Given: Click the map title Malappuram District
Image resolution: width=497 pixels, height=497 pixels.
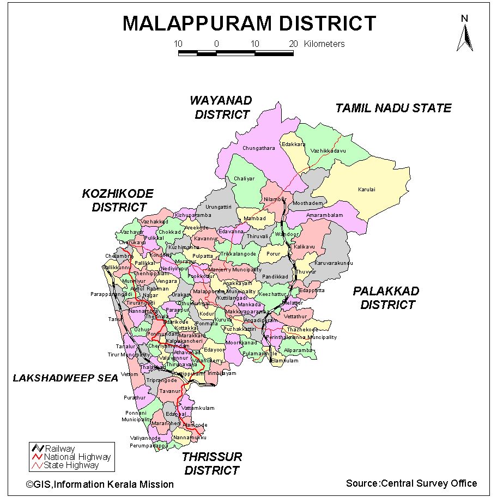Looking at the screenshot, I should (249, 23).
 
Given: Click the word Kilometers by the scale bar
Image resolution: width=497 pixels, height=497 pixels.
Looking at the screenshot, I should (324, 44).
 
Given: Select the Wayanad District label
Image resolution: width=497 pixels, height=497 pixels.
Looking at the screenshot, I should (221, 107).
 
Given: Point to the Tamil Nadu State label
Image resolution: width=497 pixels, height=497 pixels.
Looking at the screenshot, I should (393, 108).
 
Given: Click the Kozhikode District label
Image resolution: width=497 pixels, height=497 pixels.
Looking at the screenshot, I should (118, 200).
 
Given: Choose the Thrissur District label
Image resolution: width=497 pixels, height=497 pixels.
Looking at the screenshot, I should (212, 463).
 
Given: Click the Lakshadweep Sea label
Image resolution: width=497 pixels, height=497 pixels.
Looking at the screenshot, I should (65, 378).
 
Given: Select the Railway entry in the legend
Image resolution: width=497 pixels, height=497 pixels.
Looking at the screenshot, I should (60, 448).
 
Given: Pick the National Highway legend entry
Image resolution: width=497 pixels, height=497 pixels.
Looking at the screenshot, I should (77, 457).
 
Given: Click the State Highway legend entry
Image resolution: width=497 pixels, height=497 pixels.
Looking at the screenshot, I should (71, 465).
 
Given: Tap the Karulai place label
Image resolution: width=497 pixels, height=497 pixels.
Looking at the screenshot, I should (367, 190).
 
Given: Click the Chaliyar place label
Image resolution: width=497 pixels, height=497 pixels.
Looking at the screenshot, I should (244, 179).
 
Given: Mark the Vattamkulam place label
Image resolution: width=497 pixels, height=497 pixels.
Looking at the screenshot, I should (198, 408).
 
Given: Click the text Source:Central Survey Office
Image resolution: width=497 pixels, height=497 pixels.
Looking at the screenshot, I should (411, 483).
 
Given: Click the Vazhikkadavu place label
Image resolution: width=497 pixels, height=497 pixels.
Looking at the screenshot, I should (329, 150).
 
